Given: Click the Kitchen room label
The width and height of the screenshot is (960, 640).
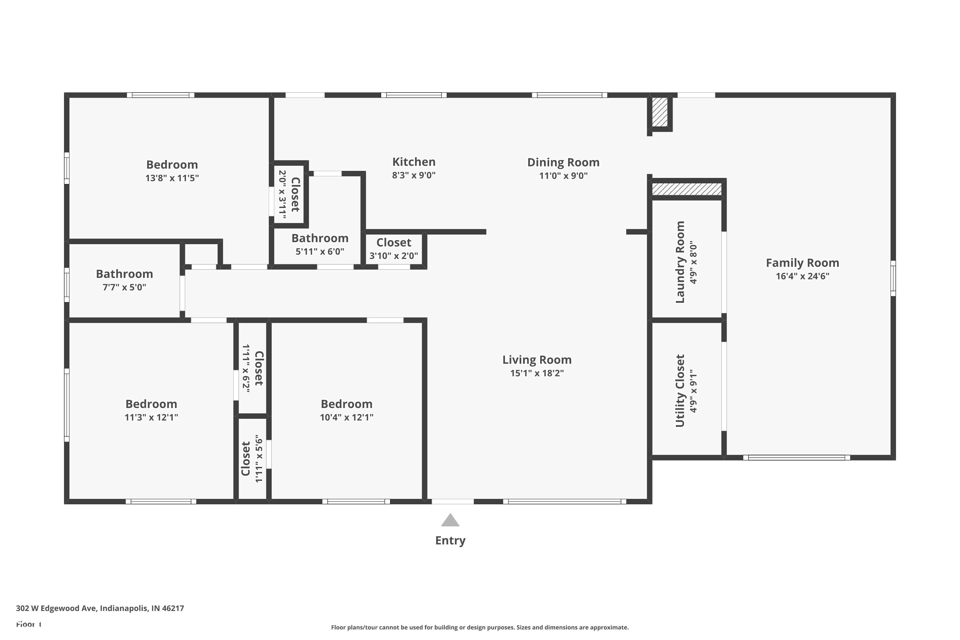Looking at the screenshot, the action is click(414, 162).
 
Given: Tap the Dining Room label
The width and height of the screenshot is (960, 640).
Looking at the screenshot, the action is click(563, 163).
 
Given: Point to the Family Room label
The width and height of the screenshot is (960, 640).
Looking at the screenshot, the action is click(803, 263).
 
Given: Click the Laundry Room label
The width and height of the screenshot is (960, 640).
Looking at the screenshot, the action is click(680, 262).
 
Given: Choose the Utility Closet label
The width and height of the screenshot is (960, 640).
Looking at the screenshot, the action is click(680, 391).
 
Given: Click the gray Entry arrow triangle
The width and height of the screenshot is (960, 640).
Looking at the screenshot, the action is click(450, 520).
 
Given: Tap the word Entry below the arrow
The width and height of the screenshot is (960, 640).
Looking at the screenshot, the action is click(450, 540).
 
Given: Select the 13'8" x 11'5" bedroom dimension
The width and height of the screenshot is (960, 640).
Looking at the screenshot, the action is click(172, 178).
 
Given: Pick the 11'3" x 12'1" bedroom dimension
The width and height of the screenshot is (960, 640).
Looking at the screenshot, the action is click(151, 417).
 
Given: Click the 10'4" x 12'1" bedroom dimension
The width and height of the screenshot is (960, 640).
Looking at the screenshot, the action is click(347, 417).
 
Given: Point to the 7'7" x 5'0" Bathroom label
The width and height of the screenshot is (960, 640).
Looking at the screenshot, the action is click(124, 274).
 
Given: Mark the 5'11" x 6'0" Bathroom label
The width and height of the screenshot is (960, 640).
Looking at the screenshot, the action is click(320, 238).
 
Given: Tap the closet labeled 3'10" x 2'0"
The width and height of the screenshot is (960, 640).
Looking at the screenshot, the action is click(394, 243).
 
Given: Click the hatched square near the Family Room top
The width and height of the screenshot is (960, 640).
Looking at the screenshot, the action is click(660, 112).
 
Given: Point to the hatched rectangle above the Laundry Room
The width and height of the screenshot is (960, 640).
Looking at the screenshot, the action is click(686, 189).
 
